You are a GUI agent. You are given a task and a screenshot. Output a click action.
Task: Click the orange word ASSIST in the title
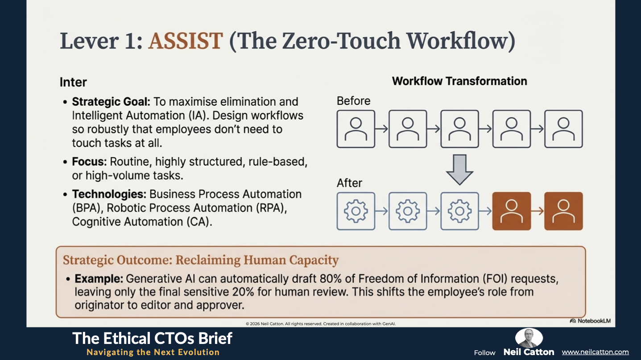pos(186,41)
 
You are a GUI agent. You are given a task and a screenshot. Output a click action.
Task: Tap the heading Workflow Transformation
pos(459,81)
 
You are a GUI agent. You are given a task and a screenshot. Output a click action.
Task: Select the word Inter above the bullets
pos(73,83)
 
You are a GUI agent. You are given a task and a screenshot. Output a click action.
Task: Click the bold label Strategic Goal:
pos(111,102)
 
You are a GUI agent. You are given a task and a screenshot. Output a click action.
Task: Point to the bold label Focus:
pos(89,161)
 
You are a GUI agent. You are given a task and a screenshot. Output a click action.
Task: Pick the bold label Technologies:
pos(109,194)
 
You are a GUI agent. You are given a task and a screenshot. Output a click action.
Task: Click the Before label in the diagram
pos(353,101)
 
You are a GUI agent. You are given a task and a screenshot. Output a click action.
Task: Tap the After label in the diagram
pos(349,183)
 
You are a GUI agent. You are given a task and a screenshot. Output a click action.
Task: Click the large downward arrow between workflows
pos(459,170)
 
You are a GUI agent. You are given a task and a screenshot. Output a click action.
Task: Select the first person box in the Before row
pos(356,129)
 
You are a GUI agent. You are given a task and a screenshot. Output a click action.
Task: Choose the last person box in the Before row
pos(563,129)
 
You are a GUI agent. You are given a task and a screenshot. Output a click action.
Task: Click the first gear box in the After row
pos(356,211)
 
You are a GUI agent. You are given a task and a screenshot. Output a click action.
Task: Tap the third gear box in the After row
pos(459,211)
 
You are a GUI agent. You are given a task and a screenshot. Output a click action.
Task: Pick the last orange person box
pos(563,211)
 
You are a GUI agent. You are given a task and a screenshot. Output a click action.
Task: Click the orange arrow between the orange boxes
pos(538,211)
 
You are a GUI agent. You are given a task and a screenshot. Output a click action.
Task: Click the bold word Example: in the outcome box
pos(99,279)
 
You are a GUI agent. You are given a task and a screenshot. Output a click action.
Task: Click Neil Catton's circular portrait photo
pos(529,338)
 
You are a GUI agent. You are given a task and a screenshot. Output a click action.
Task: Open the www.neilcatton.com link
pos(595,352)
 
